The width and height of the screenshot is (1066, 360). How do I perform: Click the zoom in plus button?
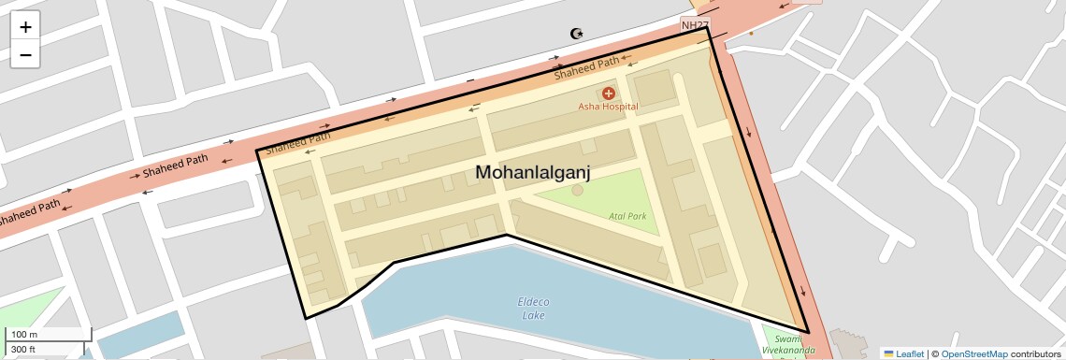pyautogui.click(x=25, y=28)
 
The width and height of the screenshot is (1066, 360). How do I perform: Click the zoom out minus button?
pyautogui.click(x=25, y=55)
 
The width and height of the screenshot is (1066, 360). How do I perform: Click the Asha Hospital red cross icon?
pyautogui.click(x=608, y=93)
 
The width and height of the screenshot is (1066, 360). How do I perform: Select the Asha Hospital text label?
pyautogui.click(x=607, y=107)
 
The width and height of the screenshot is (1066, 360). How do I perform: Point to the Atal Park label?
pyautogui.click(x=627, y=216)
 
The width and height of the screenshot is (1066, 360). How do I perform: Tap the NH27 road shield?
pyautogui.click(x=694, y=24)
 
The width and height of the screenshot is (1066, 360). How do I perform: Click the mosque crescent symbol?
pyautogui.click(x=577, y=34)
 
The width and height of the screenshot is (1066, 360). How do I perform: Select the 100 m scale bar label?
pyautogui.click(x=23, y=335)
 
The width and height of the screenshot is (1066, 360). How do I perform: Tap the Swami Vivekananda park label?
pyautogui.click(x=788, y=344)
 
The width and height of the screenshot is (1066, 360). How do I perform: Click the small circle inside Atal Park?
pyautogui.click(x=577, y=191)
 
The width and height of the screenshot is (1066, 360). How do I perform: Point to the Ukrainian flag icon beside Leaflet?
pyautogui.click(x=888, y=353)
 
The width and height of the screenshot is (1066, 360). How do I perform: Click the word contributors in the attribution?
pyautogui.click(x=1036, y=353)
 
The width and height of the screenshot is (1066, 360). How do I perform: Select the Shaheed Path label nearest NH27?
pyautogui.click(x=586, y=67)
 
